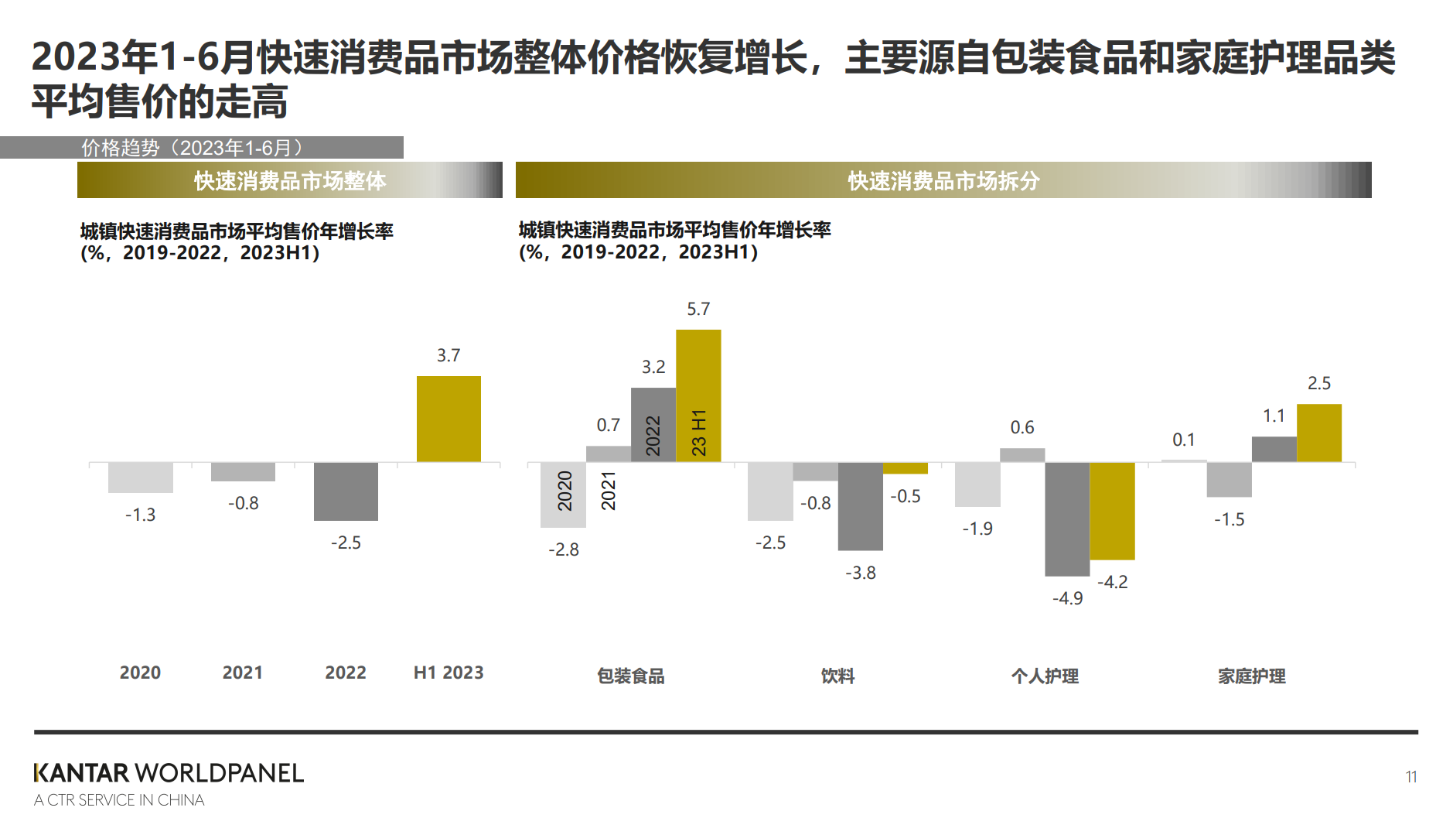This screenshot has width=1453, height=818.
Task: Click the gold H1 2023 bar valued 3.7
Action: [x=449, y=419]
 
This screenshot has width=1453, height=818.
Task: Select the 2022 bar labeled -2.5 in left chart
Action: [x=346, y=491]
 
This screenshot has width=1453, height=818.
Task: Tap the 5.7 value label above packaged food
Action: [x=698, y=309]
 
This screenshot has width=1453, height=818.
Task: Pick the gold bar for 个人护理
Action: [x=1112, y=511]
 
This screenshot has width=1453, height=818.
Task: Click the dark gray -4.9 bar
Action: [x=1067, y=519]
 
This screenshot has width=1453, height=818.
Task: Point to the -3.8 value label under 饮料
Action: [x=861, y=573]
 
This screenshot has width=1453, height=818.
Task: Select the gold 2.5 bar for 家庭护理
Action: [x=1319, y=433]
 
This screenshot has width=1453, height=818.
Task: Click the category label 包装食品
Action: [x=631, y=676]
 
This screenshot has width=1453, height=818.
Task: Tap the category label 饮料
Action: [x=837, y=676]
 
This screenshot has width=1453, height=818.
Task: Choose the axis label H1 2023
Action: [x=449, y=673]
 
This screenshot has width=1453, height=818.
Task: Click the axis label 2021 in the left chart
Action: [x=243, y=673]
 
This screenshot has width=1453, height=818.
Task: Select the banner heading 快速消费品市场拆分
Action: [x=943, y=180]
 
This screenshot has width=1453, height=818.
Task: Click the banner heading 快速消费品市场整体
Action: [x=290, y=180]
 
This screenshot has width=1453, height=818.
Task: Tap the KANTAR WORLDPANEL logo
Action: [x=169, y=773]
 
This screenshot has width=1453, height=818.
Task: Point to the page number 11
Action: [x=1411, y=776]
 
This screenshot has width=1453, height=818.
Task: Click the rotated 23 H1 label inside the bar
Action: [x=698, y=433]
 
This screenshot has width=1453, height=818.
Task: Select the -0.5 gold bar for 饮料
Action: [x=905, y=468]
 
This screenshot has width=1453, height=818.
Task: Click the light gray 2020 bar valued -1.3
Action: [x=141, y=477]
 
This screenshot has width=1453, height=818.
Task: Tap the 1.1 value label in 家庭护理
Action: [x=1274, y=416]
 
